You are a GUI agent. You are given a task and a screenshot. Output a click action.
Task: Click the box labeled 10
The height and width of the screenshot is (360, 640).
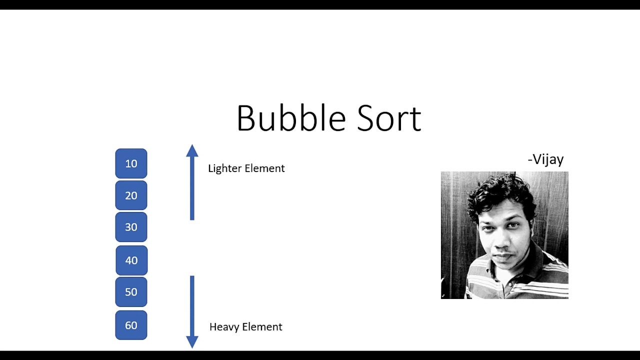pyautogui.click(x=131, y=163)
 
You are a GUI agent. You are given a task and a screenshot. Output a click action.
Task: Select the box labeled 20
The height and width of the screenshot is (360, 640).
pyautogui.click(x=131, y=195)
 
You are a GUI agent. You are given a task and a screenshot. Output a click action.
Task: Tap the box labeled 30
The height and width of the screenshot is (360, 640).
pyautogui.click(x=131, y=227)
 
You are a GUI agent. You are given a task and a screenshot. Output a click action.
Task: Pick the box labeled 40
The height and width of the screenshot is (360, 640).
pyautogui.click(x=131, y=260)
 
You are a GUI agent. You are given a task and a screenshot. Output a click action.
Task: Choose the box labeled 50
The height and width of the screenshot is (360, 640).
pyautogui.click(x=131, y=292)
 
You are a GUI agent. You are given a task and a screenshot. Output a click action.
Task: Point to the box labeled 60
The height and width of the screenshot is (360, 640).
pyautogui.click(x=131, y=325)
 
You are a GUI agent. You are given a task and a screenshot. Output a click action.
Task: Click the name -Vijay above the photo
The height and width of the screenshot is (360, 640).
pyautogui.click(x=545, y=159)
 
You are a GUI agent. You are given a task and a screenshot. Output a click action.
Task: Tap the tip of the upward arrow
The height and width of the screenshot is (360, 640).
pyautogui.click(x=192, y=146)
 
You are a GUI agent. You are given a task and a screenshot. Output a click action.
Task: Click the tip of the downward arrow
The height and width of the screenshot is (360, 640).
pyautogui.click(x=192, y=346)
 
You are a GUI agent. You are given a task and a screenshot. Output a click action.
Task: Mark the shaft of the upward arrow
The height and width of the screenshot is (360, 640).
pyautogui.click(x=192, y=190)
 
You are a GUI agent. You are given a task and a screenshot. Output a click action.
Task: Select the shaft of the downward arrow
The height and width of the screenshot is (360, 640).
pyautogui.click(x=192, y=305)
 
